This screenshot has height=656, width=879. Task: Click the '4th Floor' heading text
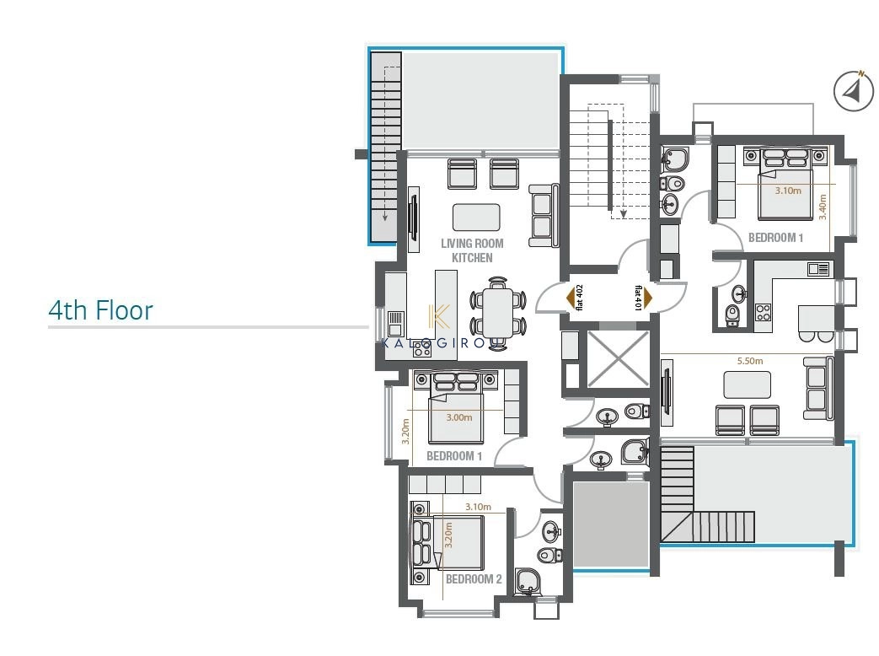click(x=100, y=310)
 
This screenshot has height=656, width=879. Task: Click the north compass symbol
click(x=853, y=91)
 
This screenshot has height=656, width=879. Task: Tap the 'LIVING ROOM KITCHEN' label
click(x=472, y=250)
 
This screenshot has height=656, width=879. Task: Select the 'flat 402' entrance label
click(x=579, y=297)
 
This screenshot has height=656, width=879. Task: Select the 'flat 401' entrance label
click(x=638, y=298)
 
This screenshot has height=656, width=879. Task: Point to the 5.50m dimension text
click(x=750, y=361)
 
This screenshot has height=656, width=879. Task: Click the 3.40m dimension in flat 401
click(x=823, y=207)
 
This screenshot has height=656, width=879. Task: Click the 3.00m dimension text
click(x=459, y=417)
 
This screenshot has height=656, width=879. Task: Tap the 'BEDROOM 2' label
click(x=474, y=578)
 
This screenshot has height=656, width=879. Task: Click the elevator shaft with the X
click(x=618, y=359)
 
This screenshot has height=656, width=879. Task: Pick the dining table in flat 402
click(x=497, y=313)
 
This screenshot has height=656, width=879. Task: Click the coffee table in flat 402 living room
click(x=476, y=217)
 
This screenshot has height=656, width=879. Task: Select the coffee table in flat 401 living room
click(x=747, y=384)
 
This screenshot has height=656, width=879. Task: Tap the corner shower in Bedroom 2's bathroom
click(x=527, y=582)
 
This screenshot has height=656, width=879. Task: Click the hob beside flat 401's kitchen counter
click(x=763, y=312)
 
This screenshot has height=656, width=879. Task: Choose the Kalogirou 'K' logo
click(x=438, y=317)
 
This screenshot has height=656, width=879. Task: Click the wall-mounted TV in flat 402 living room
click(x=413, y=219)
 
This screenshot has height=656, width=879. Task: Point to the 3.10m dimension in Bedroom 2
click(x=478, y=507)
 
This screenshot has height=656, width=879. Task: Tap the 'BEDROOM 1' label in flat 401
click(x=776, y=238)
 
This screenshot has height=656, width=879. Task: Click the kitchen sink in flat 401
click(x=817, y=270)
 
